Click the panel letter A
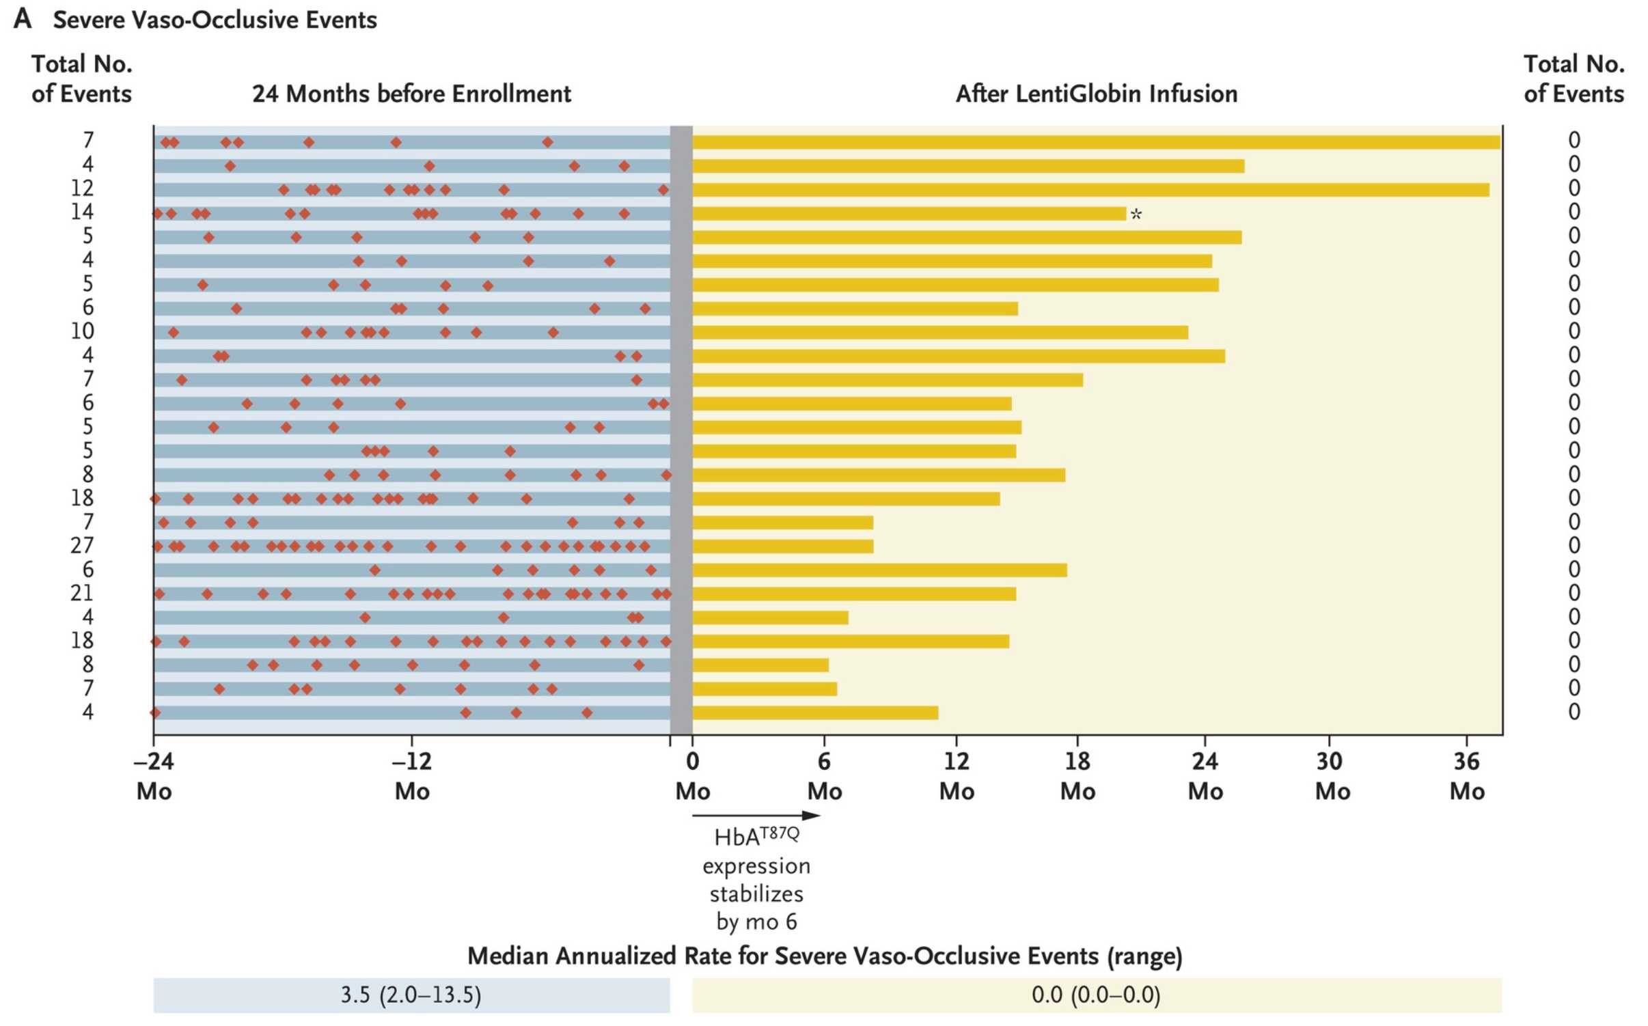click(22, 18)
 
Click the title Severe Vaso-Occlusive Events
click(215, 20)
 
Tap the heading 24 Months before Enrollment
click(411, 94)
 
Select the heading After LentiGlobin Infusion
click(1096, 94)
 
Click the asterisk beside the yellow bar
click(1136, 214)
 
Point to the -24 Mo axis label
click(154, 776)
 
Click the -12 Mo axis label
click(412, 776)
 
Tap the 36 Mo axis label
click(1466, 776)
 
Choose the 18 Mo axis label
click(1077, 776)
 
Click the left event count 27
click(82, 546)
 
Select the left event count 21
click(82, 593)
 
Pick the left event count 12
click(82, 188)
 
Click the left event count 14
click(82, 212)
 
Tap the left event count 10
click(82, 331)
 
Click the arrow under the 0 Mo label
click(756, 816)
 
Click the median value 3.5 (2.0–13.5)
click(411, 995)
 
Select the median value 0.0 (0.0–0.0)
click(1096, 995)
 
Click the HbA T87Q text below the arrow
click(756, 837)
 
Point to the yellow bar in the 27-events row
click(782, 546)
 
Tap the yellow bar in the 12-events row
click(1090, 190)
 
